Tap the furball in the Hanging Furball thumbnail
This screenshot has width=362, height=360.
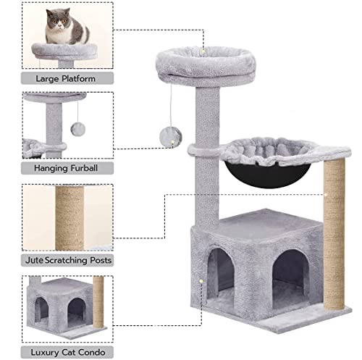(x=77, y=128)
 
